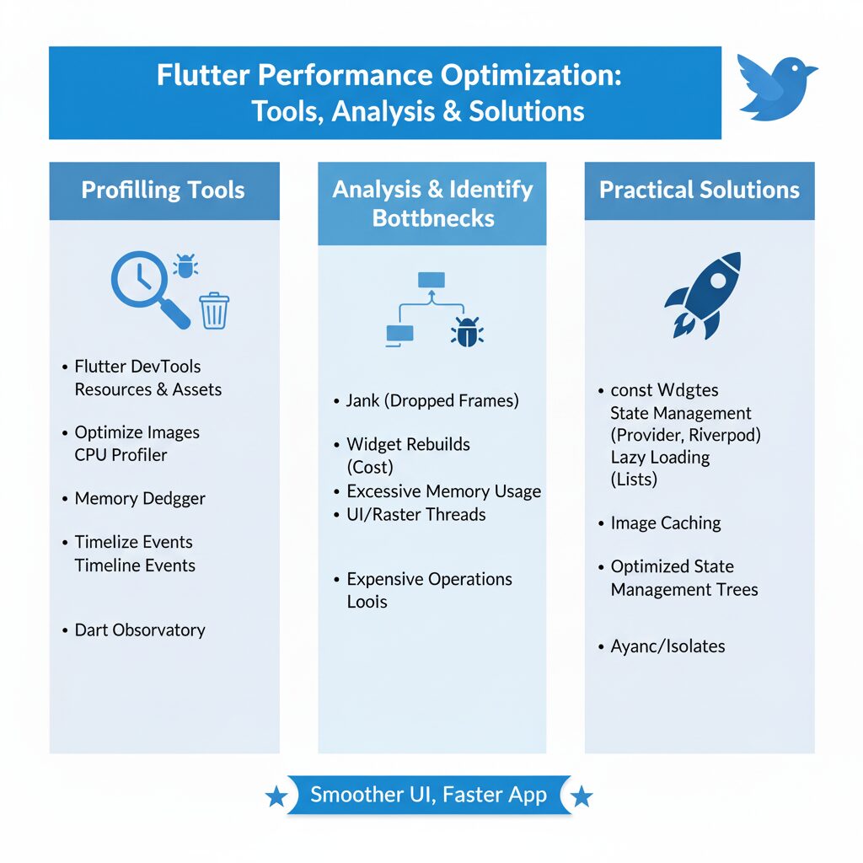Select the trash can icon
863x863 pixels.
click(x=214, y=310)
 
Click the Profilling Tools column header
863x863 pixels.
click(x=163, y=190)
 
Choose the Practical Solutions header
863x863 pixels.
click(x=700, y=190)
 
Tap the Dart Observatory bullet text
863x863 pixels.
click(x=140, y=630)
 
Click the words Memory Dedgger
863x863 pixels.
click(x=140, y=499)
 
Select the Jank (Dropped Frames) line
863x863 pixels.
click(x=432, y=401)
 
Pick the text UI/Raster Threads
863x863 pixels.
click(x=416, y=515)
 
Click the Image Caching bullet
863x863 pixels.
click(x=666, y=523)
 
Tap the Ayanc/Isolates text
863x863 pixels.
click(x=667, y=647)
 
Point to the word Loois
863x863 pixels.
click(x=367, y=602)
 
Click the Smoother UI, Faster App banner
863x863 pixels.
click(x=429, y=795)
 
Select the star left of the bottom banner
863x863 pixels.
click(x=276, y=796)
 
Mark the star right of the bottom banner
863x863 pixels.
click(x=582, y=796)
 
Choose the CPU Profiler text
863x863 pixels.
click(x=121, y=455)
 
